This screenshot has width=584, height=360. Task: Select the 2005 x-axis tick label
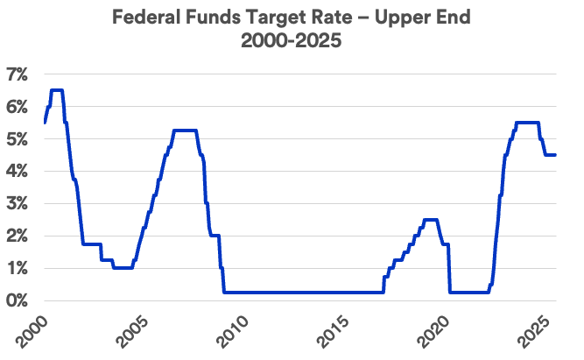132,330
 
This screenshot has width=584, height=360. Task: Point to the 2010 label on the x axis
234,330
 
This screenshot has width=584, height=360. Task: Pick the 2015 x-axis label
335,330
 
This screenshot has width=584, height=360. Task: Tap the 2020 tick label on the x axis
437,330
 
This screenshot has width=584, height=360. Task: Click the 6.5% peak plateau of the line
56,90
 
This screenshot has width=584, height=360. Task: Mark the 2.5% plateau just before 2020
430,220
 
